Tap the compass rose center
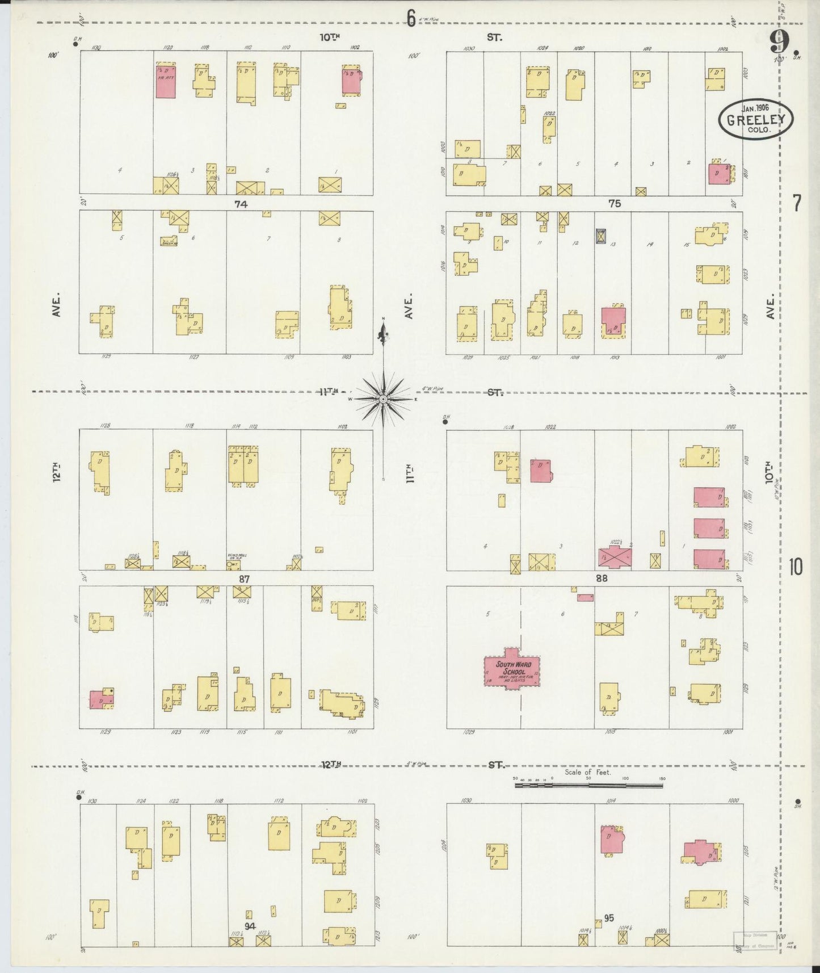(384, 400)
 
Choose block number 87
(244, 578)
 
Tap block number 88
(602, 578)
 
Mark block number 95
(609, 918)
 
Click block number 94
(250, 926)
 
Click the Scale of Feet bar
(588, 786)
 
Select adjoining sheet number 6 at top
(411, 19)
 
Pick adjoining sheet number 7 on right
(797, 203)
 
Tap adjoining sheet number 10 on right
(796, 567)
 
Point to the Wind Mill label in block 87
(237, 557)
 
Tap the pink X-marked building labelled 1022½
(615, 557)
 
